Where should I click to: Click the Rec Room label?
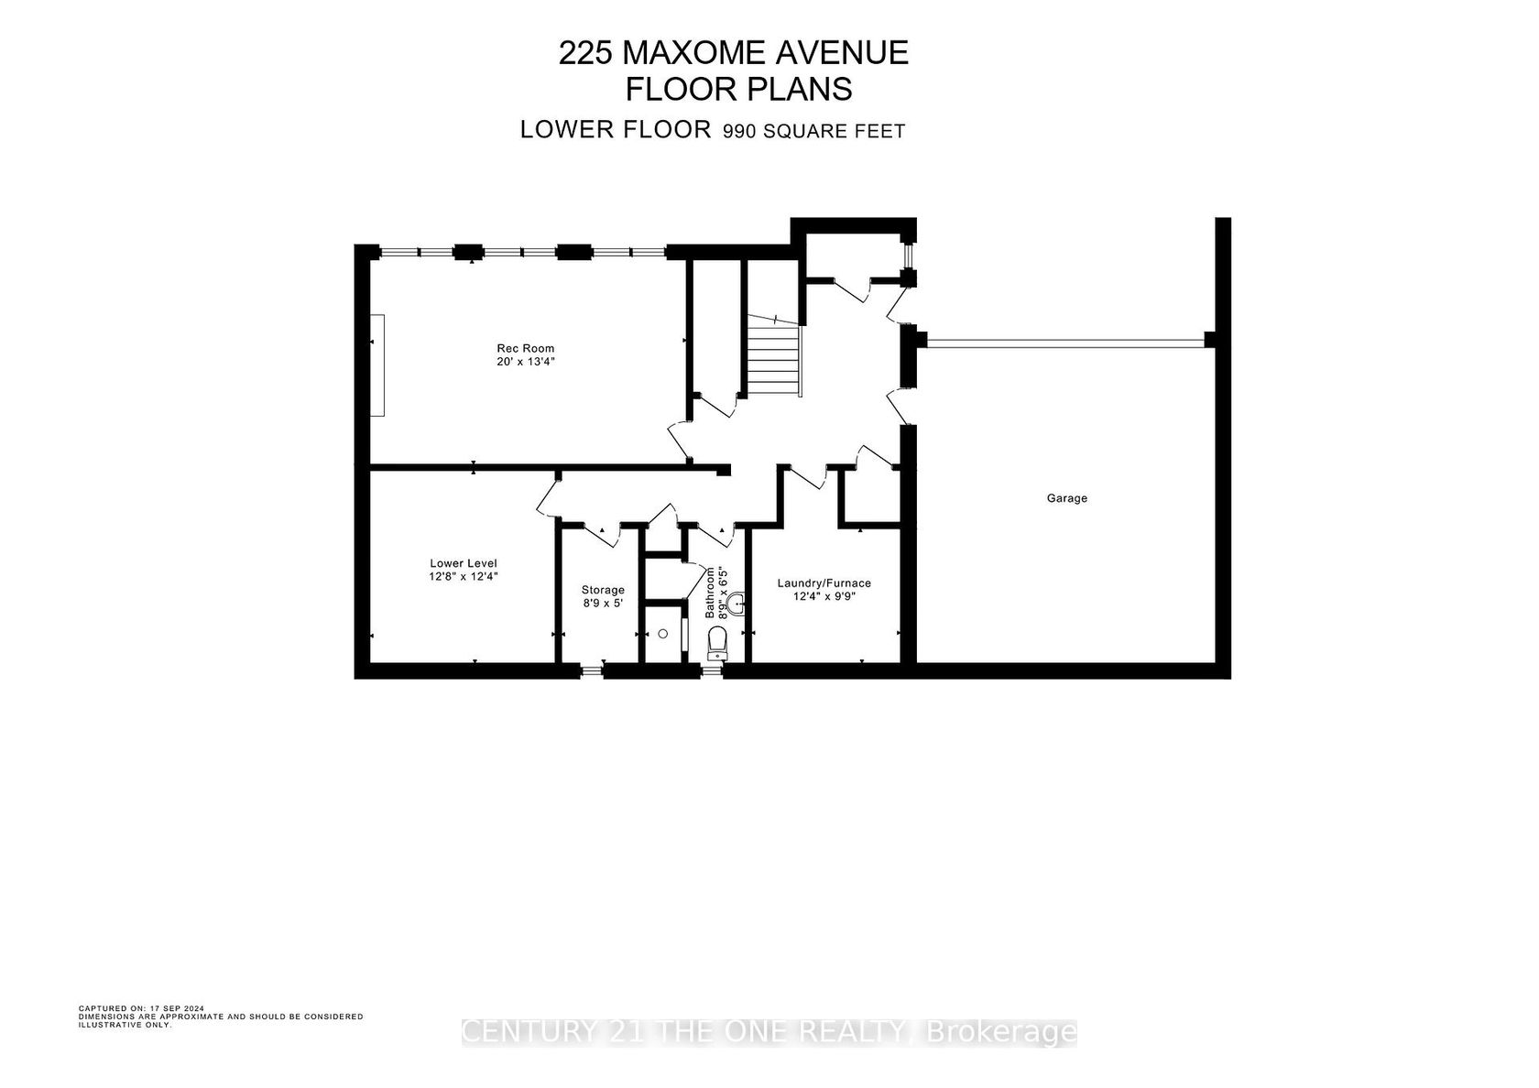(526, 348)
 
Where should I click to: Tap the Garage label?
(1067, 498)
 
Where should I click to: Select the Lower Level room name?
(464, 563)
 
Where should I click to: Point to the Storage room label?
(603, 590)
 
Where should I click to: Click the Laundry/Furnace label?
(824, 583)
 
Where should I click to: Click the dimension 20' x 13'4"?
(526, 361)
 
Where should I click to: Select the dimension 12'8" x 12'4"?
(464, 577)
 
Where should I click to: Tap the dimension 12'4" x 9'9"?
(824, 596)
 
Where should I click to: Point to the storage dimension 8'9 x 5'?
(603, 603)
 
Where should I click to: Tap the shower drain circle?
(663, 634)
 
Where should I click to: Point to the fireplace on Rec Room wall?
(377, 364)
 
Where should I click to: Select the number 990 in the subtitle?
(739, 131)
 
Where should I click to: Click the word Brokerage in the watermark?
(1002, 1031)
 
